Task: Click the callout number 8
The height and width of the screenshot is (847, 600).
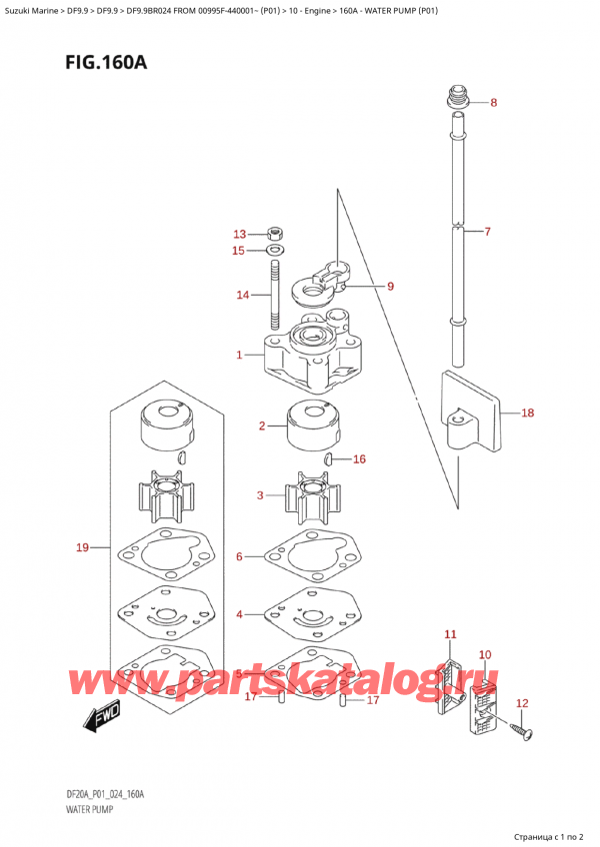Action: pos(493,103)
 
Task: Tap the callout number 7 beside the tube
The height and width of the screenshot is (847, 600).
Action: pos(487,232)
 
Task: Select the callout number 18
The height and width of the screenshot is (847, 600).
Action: pos(527,412)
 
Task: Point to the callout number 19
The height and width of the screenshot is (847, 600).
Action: pos(82,547)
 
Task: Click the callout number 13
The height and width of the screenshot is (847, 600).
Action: pos(238,234)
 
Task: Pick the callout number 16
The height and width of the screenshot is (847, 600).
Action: pos(359,459)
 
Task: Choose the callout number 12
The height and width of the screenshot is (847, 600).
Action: pos(521,704)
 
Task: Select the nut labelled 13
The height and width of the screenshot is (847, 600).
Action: pos(276,234)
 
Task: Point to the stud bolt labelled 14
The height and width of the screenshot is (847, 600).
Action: pos(274,295)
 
